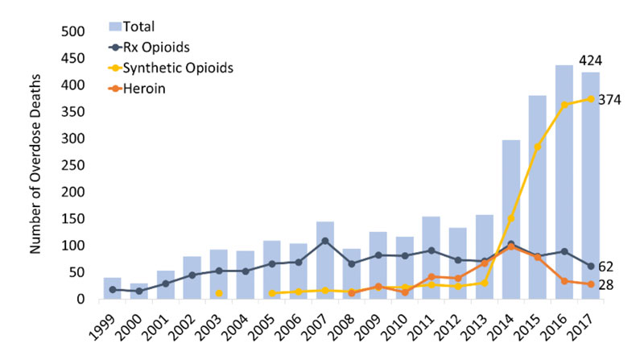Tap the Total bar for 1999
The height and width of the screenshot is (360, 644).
(x=113, y=288)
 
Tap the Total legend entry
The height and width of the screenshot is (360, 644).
(x=146, y=27)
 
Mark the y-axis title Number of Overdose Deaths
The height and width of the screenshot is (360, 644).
(x=35, y=164)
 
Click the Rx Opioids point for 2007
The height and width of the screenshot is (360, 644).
(x=324, y=241)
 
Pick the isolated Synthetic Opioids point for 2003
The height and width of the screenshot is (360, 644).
(x=219, y=293)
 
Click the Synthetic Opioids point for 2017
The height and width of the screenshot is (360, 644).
(x=592, y=99)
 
